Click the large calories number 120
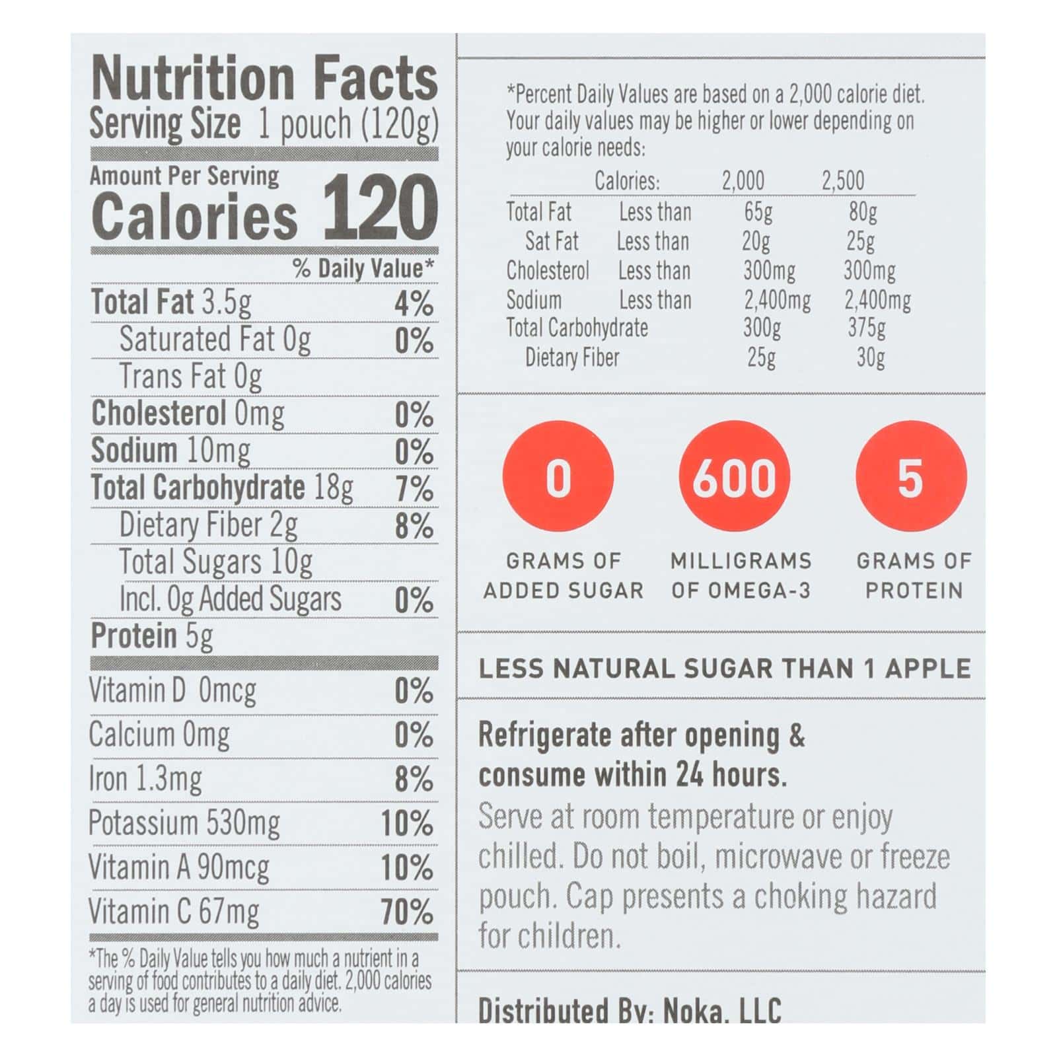click(380, 208)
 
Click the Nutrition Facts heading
click(264, 79)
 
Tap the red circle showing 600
click(734, 477)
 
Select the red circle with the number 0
click(558, 477)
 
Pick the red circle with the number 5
click(910, 477)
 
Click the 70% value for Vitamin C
click(407, 912)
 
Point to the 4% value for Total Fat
click(414, 304)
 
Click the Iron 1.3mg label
click(145, 780)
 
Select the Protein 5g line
click(152, 636)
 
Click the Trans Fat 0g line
click(190, 377)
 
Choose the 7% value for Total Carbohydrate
click(414, 489)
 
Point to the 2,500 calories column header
click(842, 180)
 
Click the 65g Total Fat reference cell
click(758, 212)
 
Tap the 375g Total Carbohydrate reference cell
click(867, 328)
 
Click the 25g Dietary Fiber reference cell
click(761, 357)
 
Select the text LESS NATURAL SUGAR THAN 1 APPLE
click(725, 669)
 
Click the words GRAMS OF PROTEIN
click(914, 575)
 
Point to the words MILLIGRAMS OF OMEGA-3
click(741, 575)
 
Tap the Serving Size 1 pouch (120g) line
click(264, 124)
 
